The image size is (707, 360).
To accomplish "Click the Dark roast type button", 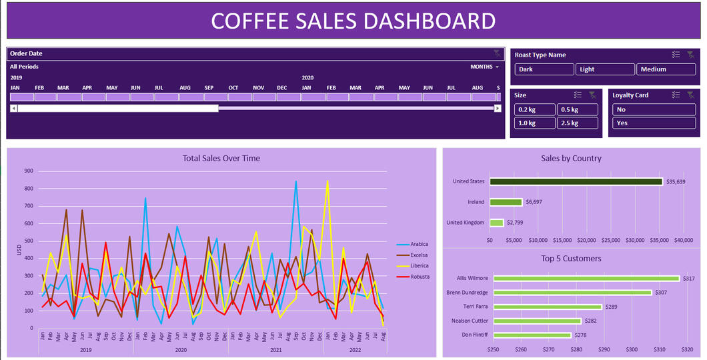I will click(544, 69).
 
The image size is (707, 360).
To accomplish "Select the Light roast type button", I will click(606, 69).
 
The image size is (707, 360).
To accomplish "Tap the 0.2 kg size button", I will click(535, 109).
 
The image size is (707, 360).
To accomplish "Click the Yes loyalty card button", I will click(654, 123).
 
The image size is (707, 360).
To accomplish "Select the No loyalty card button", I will click(654, 109).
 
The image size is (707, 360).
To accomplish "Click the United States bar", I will click(576, 181).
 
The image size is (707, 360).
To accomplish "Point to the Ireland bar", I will click(506, 202).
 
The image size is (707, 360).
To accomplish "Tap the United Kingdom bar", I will click(496, 223).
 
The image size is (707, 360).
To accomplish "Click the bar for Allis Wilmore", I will click(586, 279).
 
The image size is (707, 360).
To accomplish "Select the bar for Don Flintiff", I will click(532, 335).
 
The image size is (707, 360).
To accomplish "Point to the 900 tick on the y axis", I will click(29, 171).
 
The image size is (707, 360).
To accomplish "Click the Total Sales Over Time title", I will click(221, 159).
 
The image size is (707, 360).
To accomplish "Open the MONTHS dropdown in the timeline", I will click(484, 67).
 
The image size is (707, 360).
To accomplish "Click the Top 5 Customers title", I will click(571, 259).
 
